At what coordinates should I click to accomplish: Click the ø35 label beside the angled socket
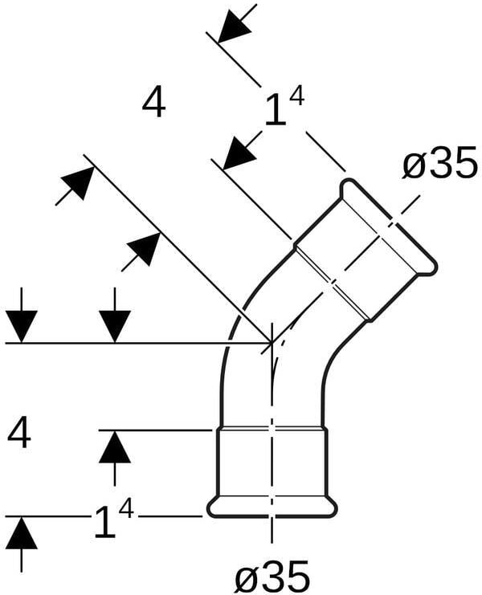click(440, 166)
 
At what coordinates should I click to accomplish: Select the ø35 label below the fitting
click(272, 575)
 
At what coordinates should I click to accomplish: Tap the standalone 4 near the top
click(153, 102)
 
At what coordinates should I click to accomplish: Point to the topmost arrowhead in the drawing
click(234, 25)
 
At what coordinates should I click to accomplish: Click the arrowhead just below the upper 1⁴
click(239, 153)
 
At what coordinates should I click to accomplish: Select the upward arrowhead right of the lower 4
click(115, 446)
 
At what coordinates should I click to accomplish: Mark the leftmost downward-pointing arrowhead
click(22, 325)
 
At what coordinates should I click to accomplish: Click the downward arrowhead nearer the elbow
click(116, 325)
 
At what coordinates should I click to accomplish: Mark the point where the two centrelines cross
click(272, 343)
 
